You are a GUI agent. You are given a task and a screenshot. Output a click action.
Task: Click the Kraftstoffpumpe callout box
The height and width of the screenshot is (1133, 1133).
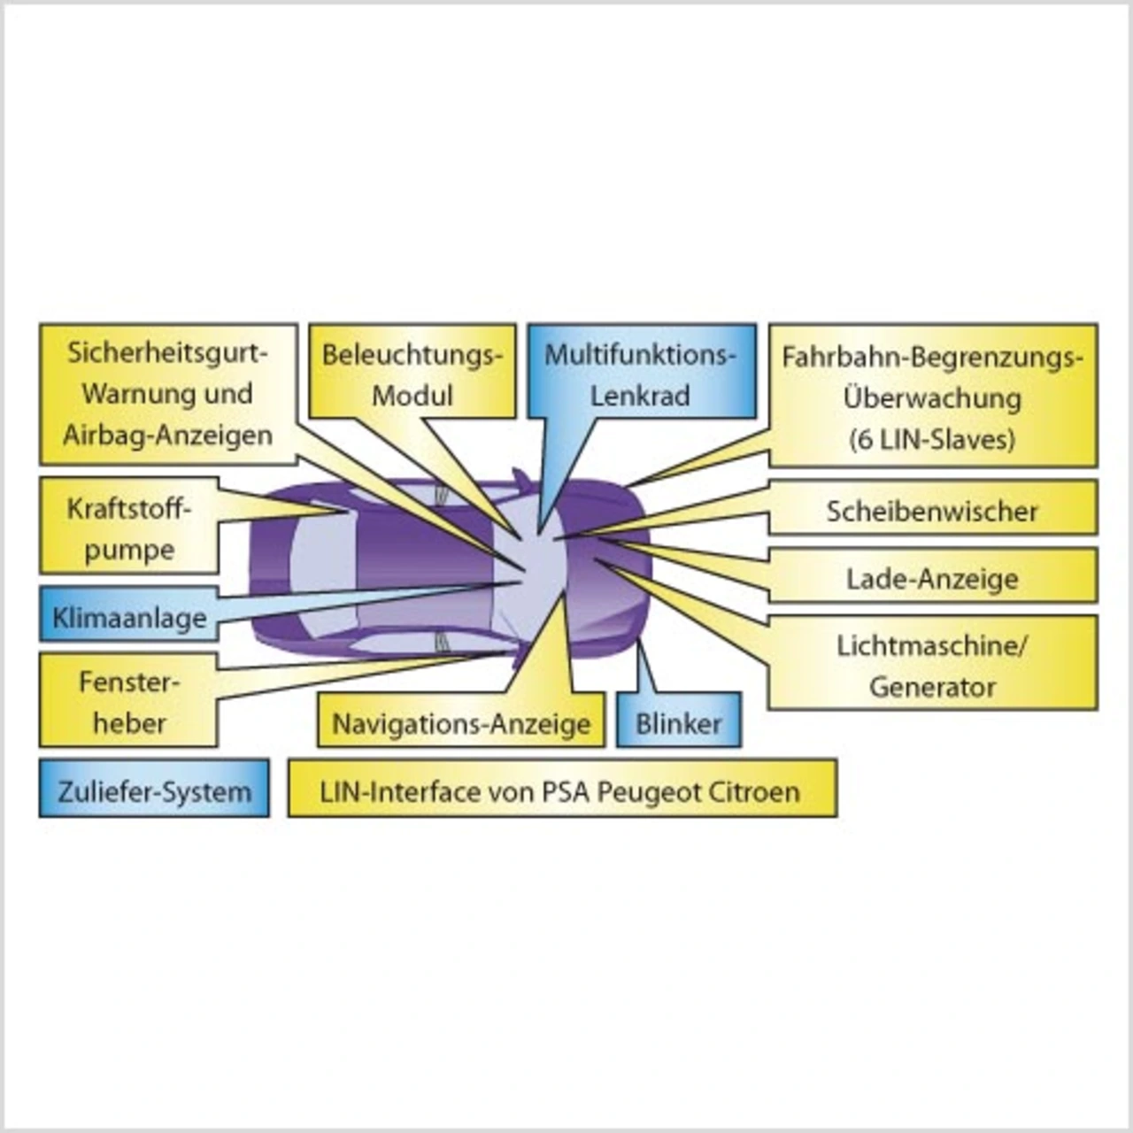tap(129, 528)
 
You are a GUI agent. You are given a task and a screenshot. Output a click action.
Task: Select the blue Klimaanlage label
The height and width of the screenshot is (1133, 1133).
tap(129, 617)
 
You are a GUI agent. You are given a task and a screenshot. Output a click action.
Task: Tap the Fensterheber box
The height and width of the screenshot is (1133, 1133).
tap(129, 702)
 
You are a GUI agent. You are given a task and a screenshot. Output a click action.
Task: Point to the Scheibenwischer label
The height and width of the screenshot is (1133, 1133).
tap(932, 511)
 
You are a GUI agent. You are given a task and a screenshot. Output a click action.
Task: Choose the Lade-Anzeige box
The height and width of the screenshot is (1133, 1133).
tap(932, 579)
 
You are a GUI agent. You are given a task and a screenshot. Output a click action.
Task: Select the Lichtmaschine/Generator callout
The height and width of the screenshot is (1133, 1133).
tap(932, 665)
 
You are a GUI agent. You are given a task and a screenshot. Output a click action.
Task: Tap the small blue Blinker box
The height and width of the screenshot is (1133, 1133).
tap(679, 723)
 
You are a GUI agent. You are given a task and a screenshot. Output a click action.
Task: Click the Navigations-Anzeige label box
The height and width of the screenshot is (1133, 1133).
tap(461, 723)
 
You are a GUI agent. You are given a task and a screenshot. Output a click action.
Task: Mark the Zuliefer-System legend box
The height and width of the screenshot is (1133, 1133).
tap(155, 790)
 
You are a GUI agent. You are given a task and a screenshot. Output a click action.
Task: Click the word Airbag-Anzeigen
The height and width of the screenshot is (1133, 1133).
tap(167, 435)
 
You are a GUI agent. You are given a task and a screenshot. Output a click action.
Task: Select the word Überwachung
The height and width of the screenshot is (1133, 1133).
tap(932, 397)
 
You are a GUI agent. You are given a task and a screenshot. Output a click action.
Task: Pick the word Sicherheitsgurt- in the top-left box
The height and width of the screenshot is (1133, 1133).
tap(167, 352)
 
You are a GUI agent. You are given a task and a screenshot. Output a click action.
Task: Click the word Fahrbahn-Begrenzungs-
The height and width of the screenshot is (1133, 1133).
tap(932, 358)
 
